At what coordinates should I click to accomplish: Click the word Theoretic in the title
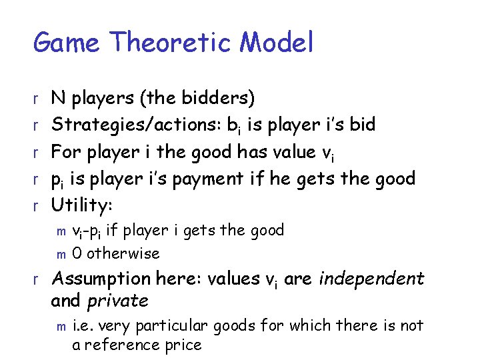(x=171, y=43)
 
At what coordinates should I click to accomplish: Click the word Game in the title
(x=67, y=43)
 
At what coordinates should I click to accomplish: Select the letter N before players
(x=59, y=98)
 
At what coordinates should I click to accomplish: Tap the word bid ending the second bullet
(x=361, y=125)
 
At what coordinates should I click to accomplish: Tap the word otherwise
(x=123, y=253)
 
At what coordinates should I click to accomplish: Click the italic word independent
(x=371, y=278)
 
